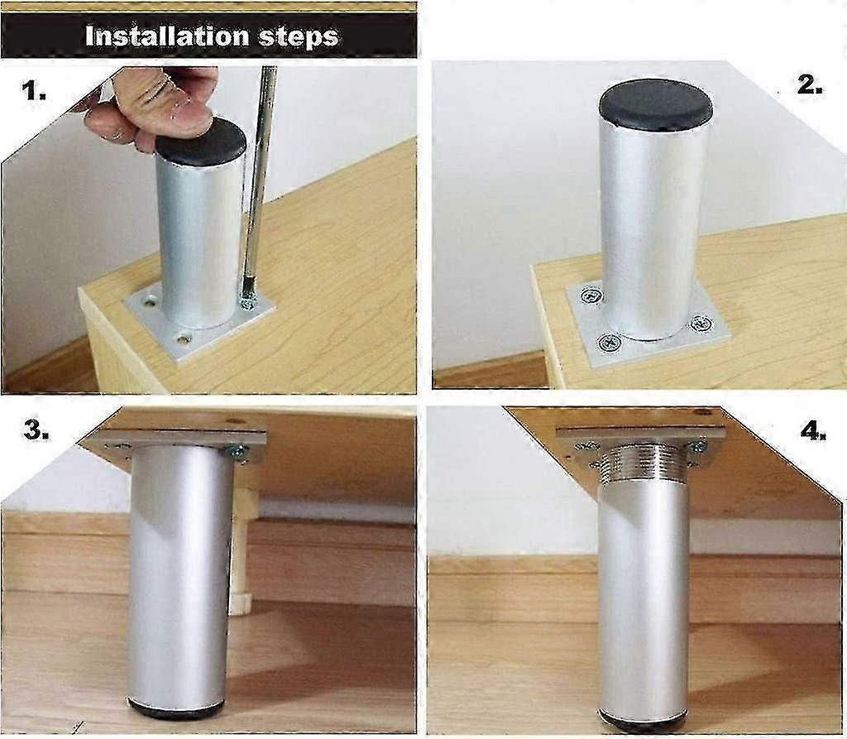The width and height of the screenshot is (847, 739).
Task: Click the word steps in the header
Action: point(298,37)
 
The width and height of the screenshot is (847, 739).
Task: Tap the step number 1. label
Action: point(33,90)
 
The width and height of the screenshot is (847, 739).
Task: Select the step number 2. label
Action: point(811,85)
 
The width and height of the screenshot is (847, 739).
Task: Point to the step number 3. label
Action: point(36,430)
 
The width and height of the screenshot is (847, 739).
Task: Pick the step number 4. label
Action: point(813,430)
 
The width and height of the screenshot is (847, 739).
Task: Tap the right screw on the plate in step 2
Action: point(701,324)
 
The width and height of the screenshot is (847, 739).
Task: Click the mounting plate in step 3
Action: point(183,446)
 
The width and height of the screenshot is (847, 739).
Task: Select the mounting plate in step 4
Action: point(639,444)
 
